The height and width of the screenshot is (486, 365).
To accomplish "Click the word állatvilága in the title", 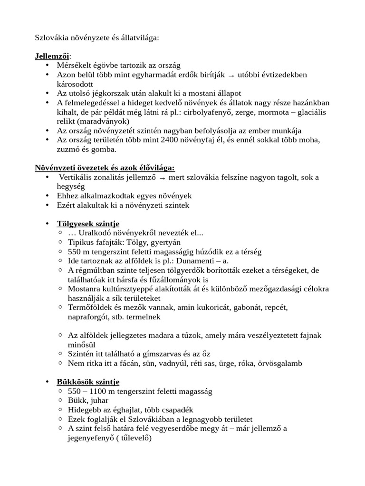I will pyautogui.click(x=139, y=37).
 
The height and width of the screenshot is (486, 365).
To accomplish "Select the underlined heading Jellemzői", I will pyautogui.click(x=52, y=56).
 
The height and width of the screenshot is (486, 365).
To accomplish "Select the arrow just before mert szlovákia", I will pyautogui.click(x=163, y=178).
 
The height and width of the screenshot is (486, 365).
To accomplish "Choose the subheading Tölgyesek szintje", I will pyautogui.click(x=88, y=224).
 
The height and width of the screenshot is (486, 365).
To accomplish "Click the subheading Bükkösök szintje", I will pyautogui.click(x=88, y=382).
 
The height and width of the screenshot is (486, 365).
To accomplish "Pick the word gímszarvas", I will pyautogui.click(x=156, y=354).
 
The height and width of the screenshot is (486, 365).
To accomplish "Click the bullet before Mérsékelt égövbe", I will pyautogui.click(x=47, y=65).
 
